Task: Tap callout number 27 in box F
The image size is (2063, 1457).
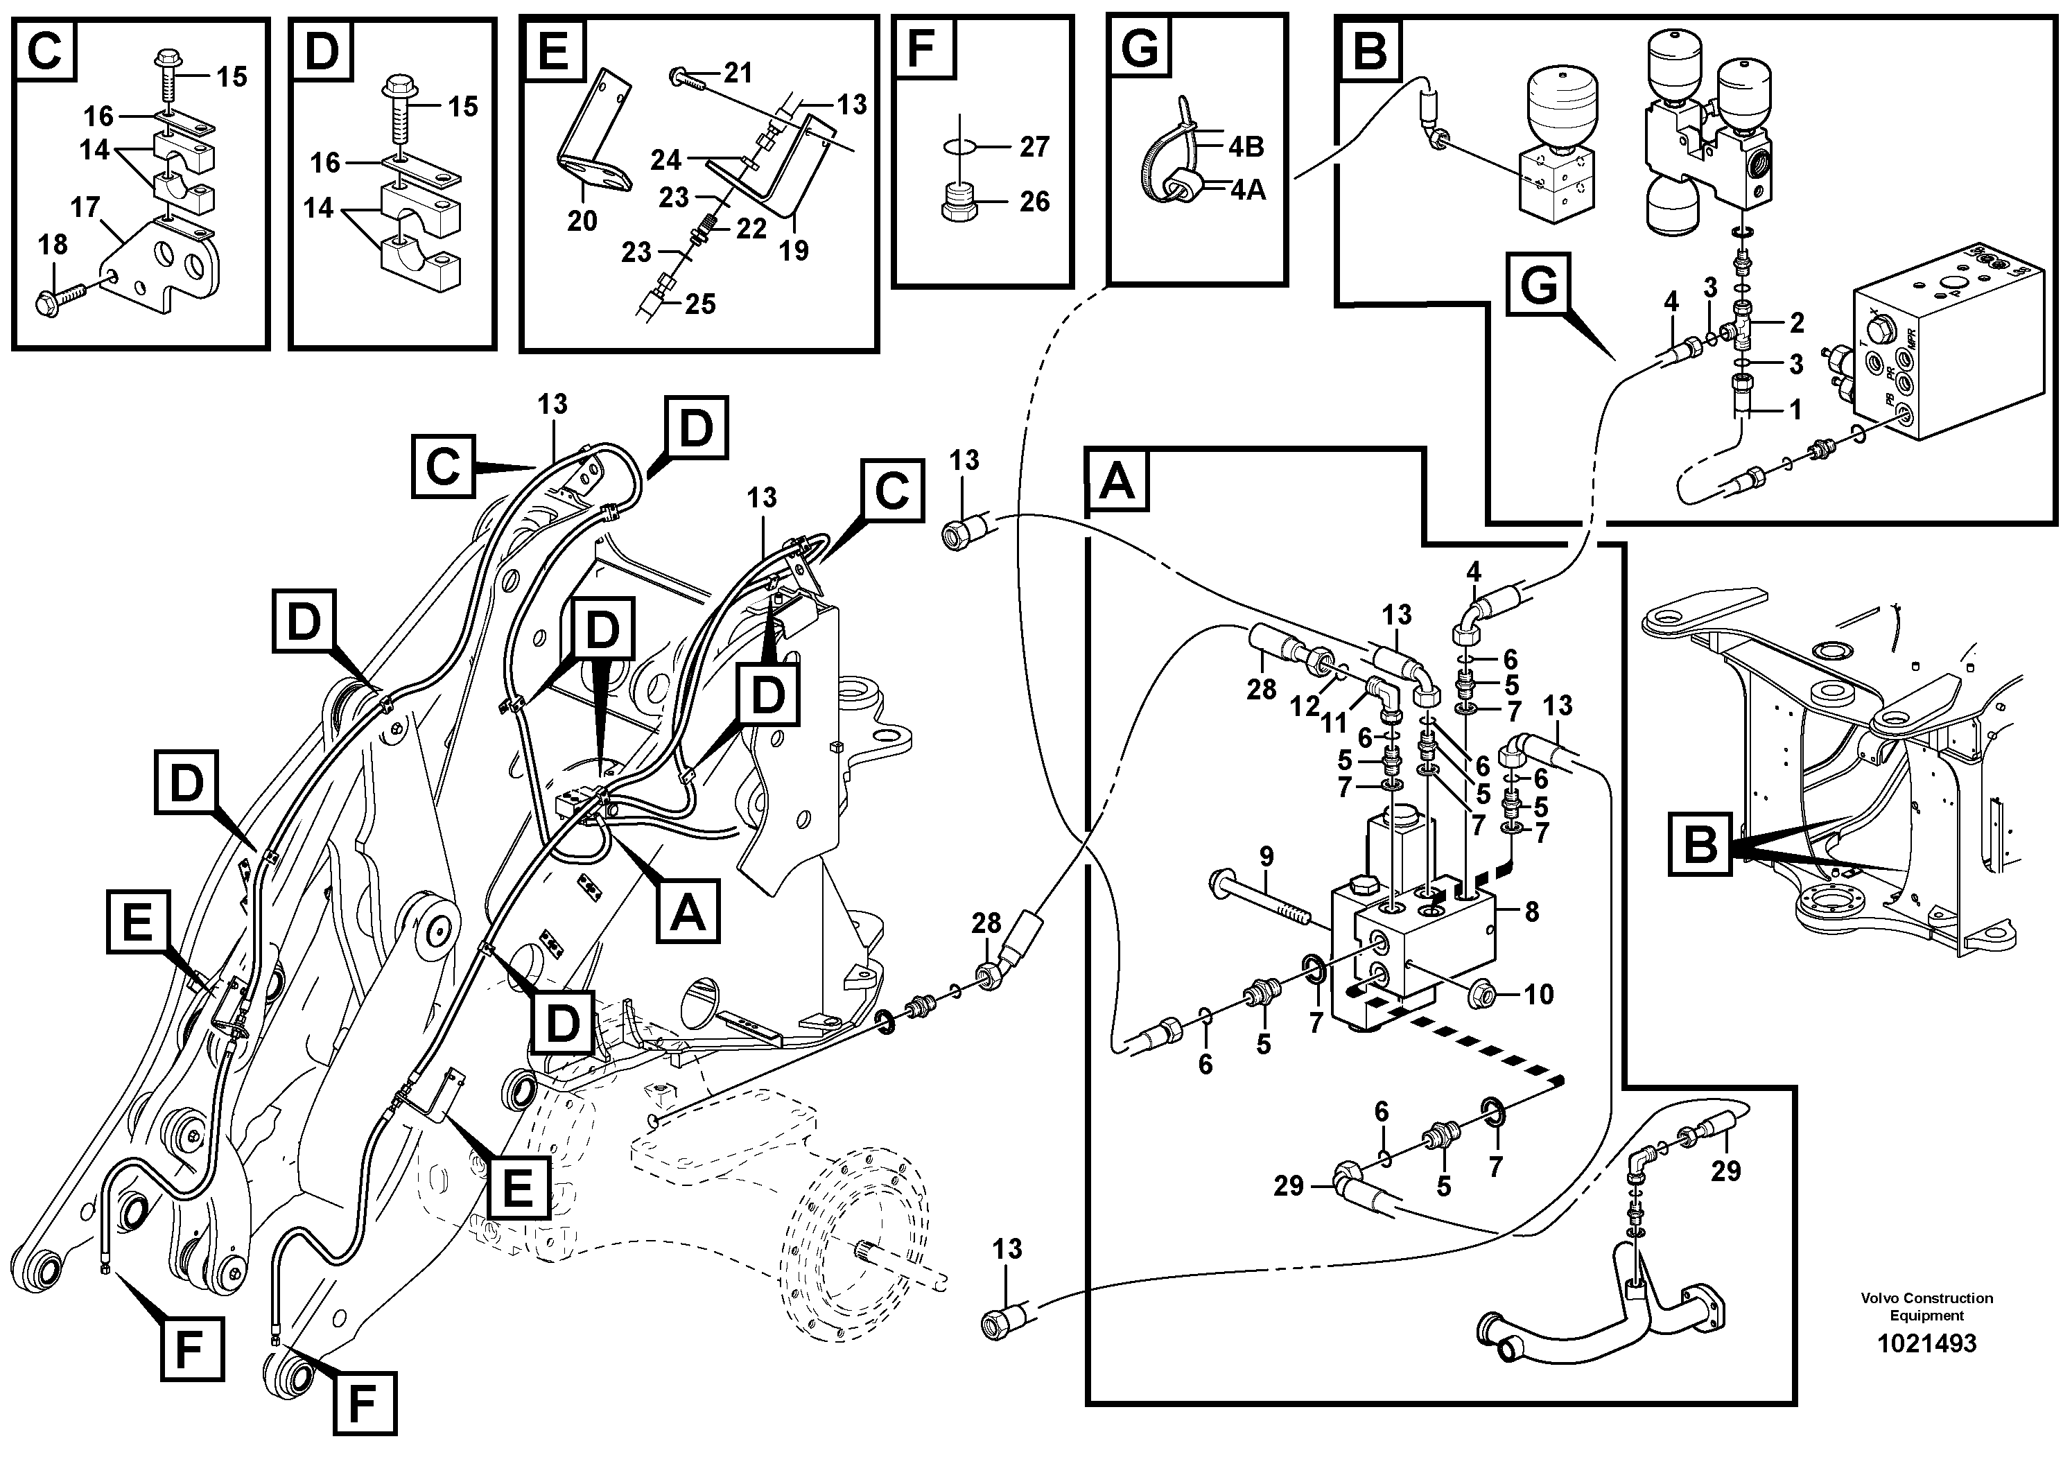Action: click(1034, 146)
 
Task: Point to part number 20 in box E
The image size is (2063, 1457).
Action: click(582, 221)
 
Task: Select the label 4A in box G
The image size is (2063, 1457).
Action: click(1246, 191)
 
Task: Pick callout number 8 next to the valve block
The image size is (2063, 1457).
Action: click(1531, 911)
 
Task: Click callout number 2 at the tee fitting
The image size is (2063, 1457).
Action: click(1796, 322)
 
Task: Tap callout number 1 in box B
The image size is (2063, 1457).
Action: click(1795, 410)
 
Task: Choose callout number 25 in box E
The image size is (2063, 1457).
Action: click(700, 304)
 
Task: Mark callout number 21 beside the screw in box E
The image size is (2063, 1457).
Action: click(738, 73)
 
